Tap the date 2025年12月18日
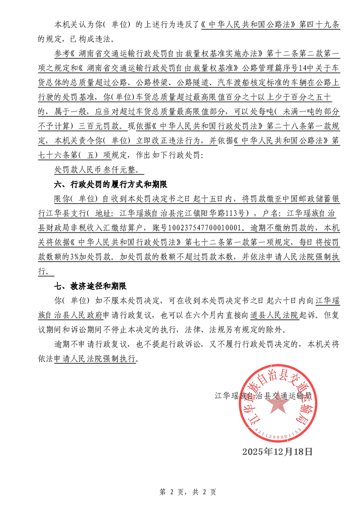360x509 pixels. pos(277,452)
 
